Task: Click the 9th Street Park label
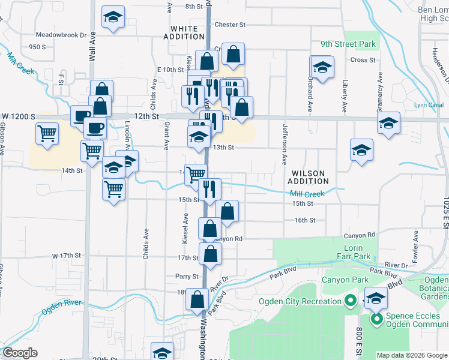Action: [x=348, y=44]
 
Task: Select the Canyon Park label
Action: [x=344, y=280]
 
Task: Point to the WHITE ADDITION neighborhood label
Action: [x=184, y=32]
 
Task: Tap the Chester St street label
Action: [x=230, y=25]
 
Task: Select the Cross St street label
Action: [x=363, y=60]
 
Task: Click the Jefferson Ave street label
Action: [x=285, y=144]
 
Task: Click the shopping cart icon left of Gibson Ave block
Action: [x=47, y=134]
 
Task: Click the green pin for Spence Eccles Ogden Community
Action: [x=378, y=319]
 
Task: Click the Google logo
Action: [x=20, y=353]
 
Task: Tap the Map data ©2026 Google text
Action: [x=412, y=355]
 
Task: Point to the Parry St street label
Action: [x=187, y=277]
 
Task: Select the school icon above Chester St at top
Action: [x=112, y=18]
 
